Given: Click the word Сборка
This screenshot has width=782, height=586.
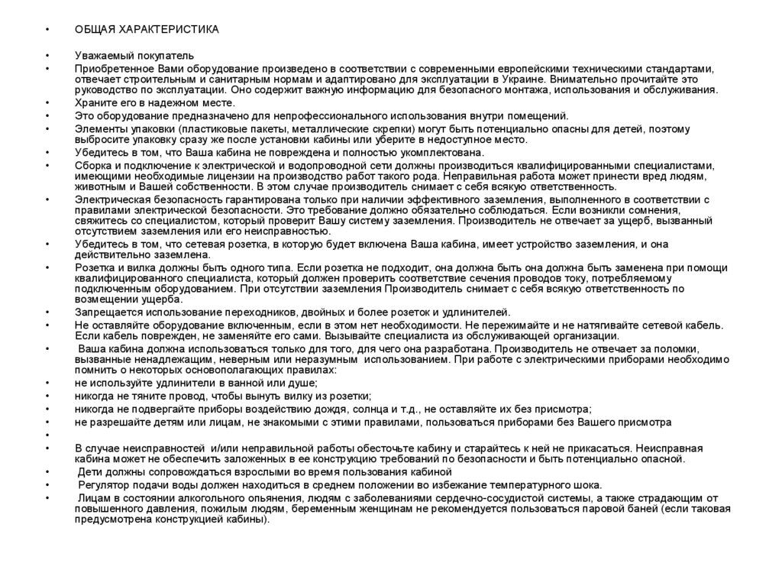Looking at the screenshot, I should point(93,165).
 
